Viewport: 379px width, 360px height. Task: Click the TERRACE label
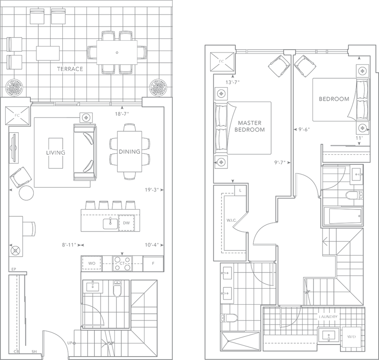point(70,69)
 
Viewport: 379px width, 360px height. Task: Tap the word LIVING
point(55,153)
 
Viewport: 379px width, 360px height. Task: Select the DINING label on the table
point(129,151)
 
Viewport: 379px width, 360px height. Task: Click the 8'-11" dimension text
point(70,244)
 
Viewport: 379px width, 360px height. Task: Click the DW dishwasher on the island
point(126,223)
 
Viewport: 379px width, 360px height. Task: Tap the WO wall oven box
point(92,264)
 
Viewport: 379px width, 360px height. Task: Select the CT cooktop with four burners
point(121,264)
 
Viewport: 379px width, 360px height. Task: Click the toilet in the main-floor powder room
point(117,289)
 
